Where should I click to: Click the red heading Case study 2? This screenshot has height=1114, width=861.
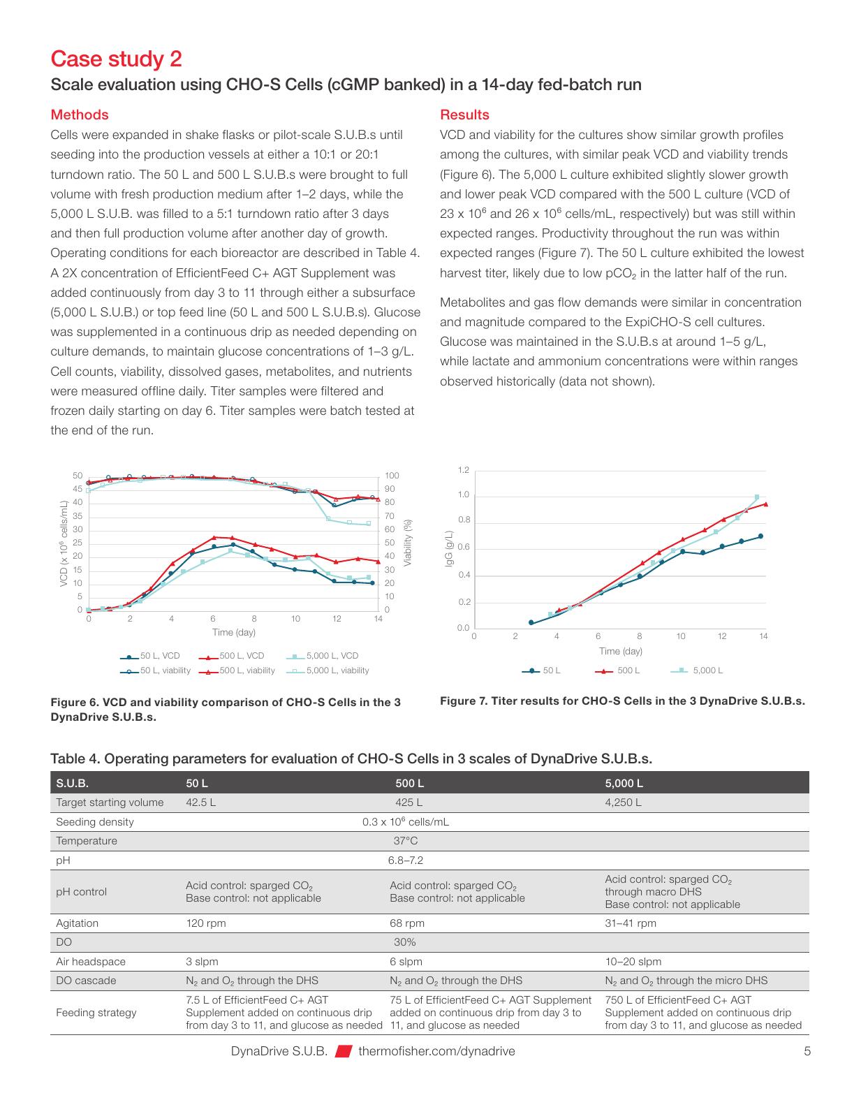pyautogui.click(x=117, y=59)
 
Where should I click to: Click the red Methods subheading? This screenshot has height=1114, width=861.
pyautogui.click(x=80, y=115)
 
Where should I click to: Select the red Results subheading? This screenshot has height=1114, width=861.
pyautogui.click(x=464, y=115)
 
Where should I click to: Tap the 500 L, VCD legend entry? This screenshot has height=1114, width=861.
pyautogui.click(x=232, y=656)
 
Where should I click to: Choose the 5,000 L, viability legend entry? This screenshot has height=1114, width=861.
pyautogui.click(x=328, y=670)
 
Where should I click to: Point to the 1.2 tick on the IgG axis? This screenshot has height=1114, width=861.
pyautogui.click(x=463, y=470)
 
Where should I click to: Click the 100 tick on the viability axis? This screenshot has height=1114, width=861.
pyautogui.click(x=392, y=476)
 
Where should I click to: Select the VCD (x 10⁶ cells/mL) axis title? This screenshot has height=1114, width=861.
pyautogui.click(x=64, y=543)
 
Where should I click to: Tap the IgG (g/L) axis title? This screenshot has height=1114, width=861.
pyautogui.click(x=450, y=548)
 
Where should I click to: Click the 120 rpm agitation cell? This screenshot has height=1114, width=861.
pyautogui.click(x=205, y=923)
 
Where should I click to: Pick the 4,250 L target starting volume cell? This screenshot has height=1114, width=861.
pyautogui.click(x=623, y=802)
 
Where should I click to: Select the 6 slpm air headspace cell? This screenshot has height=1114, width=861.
pyautogui.click(x=406, y=962)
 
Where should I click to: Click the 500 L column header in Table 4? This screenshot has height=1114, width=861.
pyautogui.click(x=409, y=784)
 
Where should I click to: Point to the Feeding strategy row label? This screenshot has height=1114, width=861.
pyautogui.click(x=96, y=1013)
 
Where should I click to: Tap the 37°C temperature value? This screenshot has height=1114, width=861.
pyautogui.click(x=406, y=841)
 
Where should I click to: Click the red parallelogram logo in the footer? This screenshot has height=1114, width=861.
pyautogui.click(x=344, y=1051)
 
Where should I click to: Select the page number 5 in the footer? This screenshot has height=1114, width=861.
pyautogui.click(x=807, y=1051)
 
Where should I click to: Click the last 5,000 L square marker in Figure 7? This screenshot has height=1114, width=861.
pyautogui.click(x=757, y=497)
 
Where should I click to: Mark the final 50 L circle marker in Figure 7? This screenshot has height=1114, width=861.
pyautogui.click(x=760, y=536)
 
